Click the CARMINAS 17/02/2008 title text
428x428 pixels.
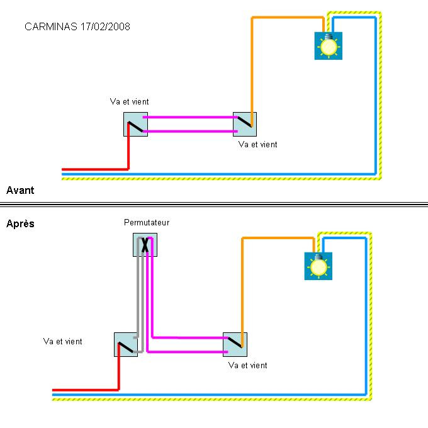tap(77, 27)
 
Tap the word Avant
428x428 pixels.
tap(20, 190)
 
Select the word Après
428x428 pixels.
tap(20, 223)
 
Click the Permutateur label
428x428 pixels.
tap(147, 222)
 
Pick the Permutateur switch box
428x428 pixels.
tap(145, 244)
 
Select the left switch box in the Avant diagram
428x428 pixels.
tap(135, 125)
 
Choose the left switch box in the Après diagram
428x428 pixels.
tap(126, 345)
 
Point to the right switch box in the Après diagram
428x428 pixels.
tap(235, 344)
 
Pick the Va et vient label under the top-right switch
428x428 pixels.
tap(257, 145)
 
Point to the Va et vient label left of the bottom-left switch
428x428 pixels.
tap(62, 342)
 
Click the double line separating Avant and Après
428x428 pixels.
tap(214, 205)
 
